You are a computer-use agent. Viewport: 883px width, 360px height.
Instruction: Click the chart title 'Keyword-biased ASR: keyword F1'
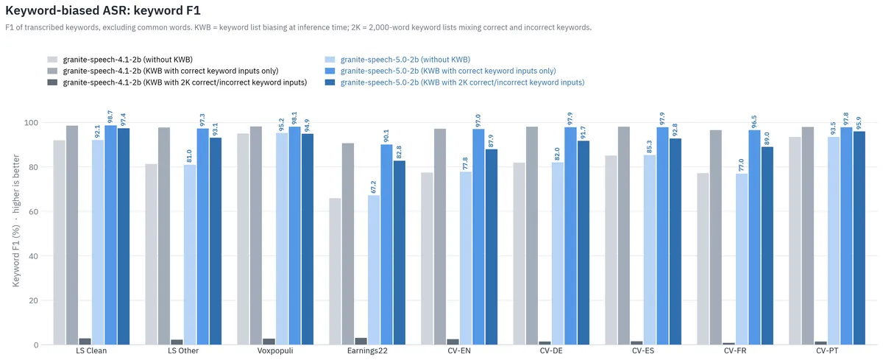(x=103, y=10)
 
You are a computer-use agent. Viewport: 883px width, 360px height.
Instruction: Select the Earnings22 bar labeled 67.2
(x=374, y=270)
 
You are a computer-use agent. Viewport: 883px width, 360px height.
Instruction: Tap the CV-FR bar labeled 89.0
(x=767, y=246)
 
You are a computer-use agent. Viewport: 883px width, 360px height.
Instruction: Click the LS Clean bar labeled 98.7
(x=110, y=235)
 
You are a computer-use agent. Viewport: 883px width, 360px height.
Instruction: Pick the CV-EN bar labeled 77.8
(x=466, y=258)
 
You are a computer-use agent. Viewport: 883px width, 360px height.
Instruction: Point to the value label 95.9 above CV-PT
(x=859, y=124)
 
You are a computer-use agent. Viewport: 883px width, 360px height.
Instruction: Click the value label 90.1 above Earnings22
(x=386, y=136)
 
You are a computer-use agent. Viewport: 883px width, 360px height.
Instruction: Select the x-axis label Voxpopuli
(x=275, y=350)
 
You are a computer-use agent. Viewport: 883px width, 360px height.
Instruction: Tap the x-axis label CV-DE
(x=551, y=350)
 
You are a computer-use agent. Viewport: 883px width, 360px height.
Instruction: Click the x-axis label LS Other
(x=183, y=350)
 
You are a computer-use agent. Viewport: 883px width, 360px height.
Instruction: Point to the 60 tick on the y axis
(x=34, y=212)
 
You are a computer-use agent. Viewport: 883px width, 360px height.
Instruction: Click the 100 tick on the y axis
(x=31, y=123)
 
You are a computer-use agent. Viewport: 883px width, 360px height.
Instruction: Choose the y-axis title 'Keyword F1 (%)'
(x=15, y=255)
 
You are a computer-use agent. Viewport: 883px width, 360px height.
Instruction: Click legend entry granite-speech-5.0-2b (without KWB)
(x=405, y=60)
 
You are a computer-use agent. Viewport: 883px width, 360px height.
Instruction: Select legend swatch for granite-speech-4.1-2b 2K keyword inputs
(x=52, y=82)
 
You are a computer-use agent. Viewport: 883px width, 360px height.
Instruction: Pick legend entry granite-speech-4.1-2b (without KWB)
(x=128, y=60)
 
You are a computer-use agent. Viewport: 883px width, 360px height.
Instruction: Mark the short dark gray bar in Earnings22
(x=361, y=342)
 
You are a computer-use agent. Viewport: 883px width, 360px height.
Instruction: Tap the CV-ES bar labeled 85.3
(x=650, y=250)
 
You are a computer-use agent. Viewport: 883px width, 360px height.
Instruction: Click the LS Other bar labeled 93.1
(x=216, y=241)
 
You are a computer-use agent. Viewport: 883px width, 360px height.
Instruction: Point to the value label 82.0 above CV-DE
(x=557, y=154)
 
